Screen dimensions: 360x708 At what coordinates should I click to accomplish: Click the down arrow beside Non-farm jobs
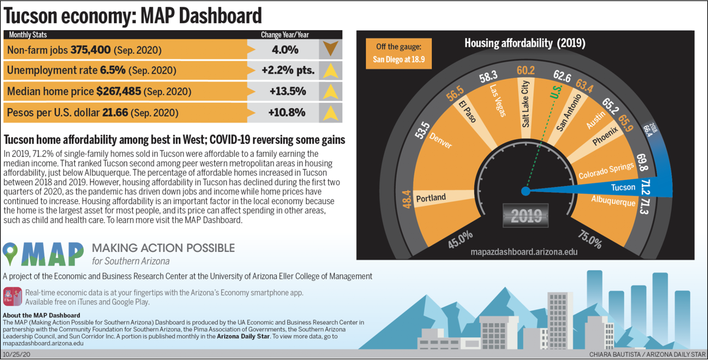331,50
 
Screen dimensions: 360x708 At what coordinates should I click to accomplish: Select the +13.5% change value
287,91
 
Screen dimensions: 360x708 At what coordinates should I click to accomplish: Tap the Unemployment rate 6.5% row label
91,71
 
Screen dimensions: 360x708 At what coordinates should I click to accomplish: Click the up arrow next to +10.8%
331,112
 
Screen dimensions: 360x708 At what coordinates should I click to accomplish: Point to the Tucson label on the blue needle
623,187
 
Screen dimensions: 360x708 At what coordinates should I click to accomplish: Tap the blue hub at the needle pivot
525,191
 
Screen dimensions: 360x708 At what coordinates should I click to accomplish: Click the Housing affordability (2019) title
525,43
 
